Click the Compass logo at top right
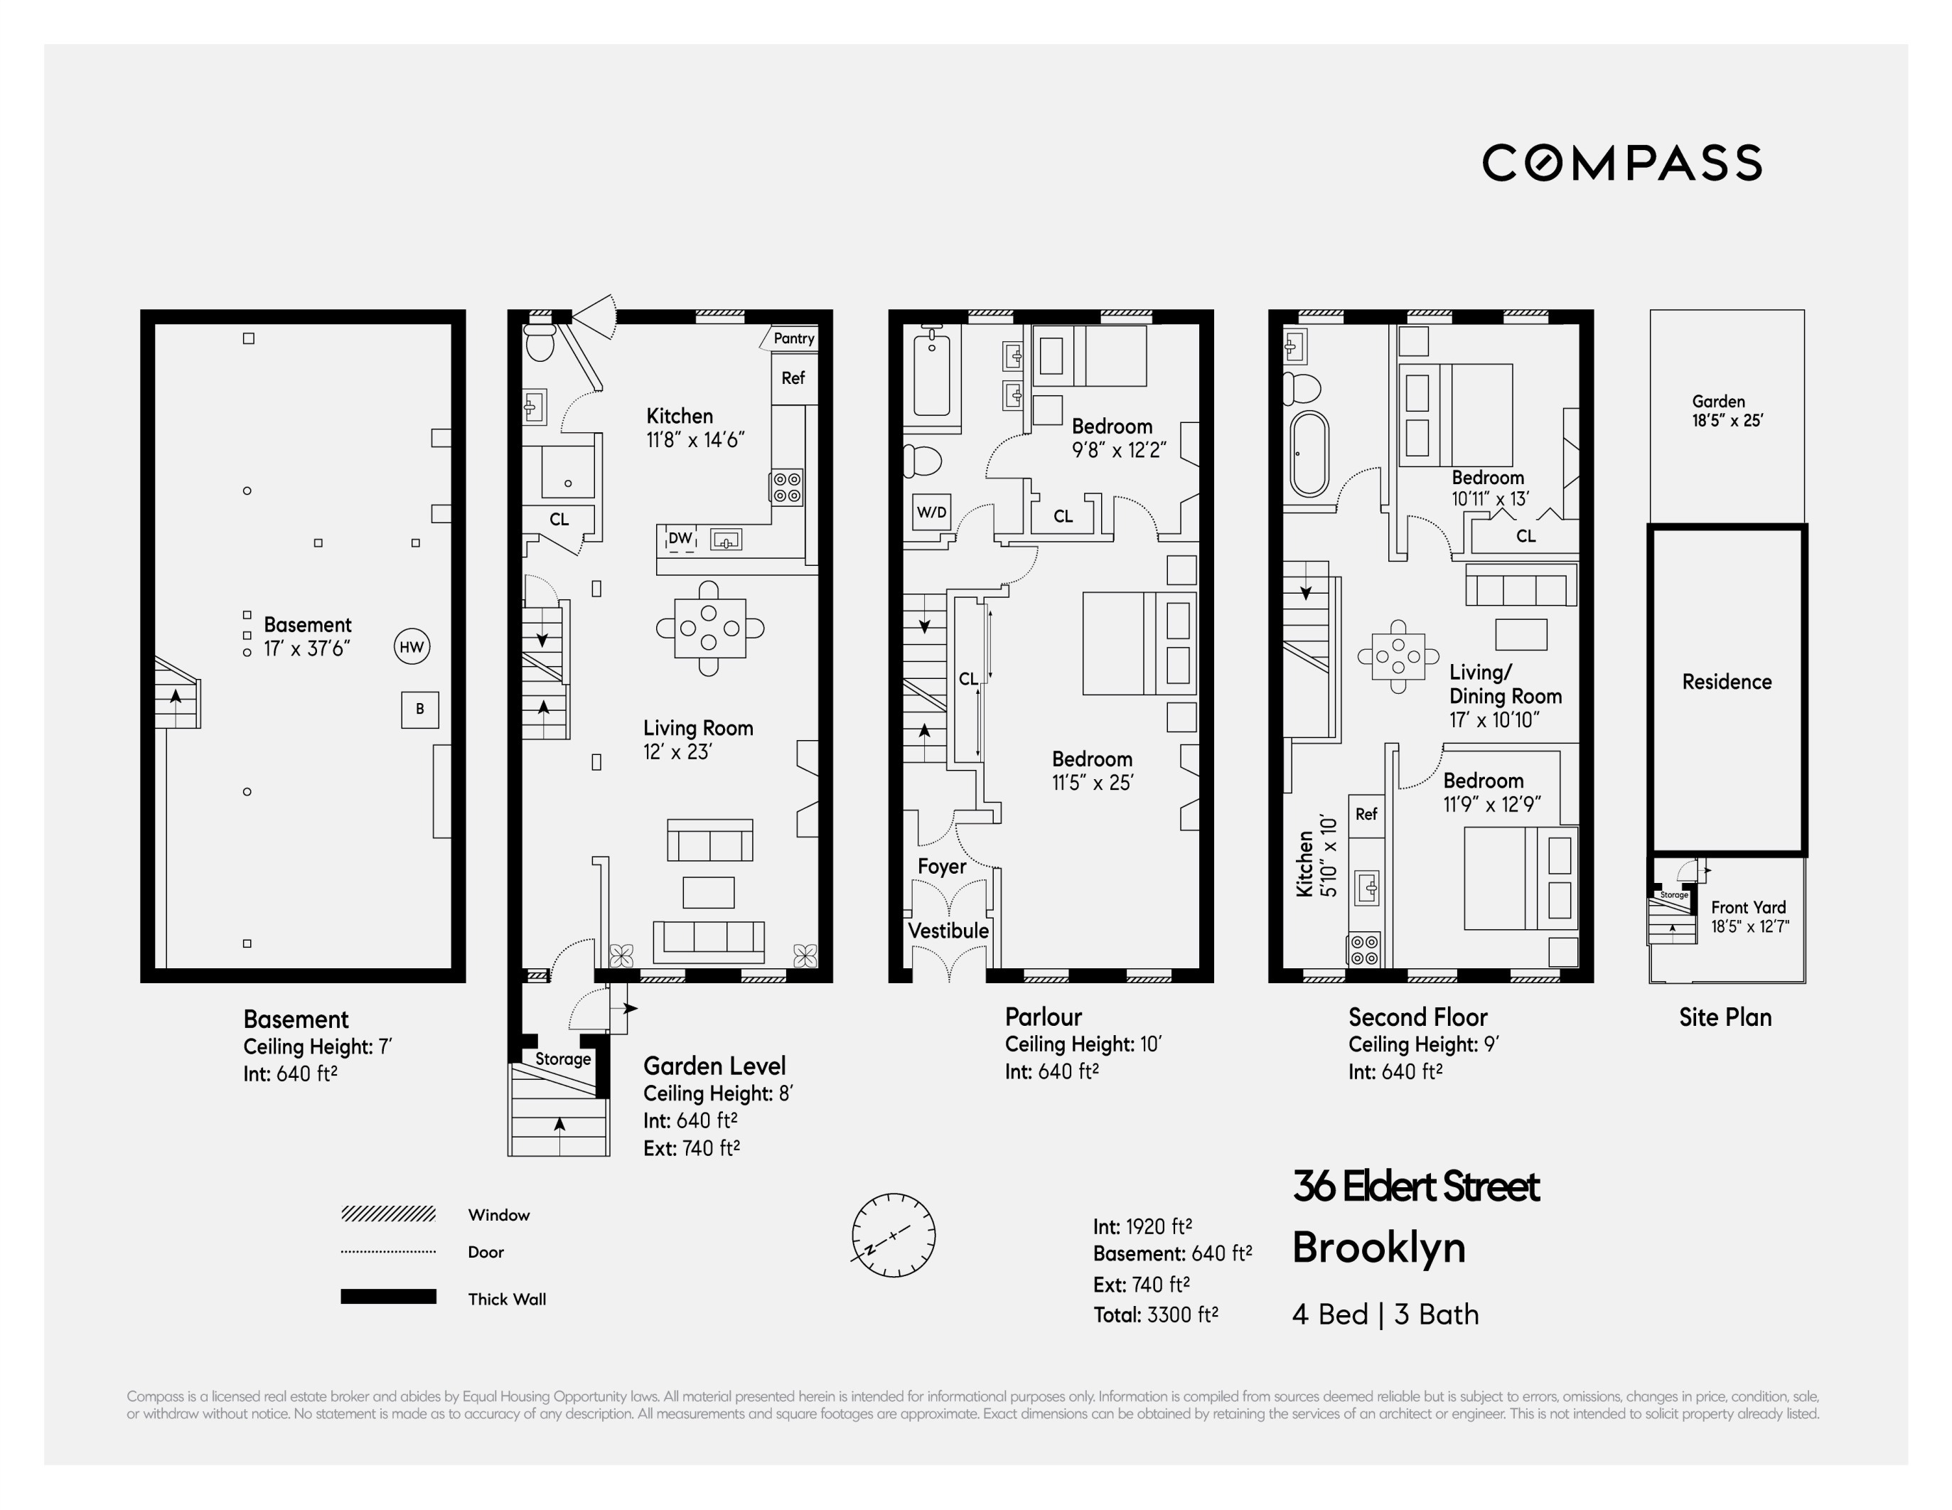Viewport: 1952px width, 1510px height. click(1621, 163)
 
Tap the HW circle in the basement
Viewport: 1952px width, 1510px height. click(412, 646)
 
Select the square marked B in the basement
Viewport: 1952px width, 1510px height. click(420, 709)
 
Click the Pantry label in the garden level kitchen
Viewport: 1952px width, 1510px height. click(794, 338)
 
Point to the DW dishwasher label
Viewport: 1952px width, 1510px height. click(680, 538)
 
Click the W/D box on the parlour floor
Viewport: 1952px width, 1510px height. click(931, 513)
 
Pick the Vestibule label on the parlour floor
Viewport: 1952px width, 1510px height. click(948, 931)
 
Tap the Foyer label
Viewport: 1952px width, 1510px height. click(941, 867)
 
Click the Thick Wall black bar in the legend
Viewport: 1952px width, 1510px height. click(388, 1297)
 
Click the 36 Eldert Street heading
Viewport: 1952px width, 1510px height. click(1416, 1187)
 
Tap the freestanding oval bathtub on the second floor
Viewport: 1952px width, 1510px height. click(1309, 454)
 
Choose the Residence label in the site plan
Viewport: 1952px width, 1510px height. click(1727, 682)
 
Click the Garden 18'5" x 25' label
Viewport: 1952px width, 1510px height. click(1727, 411)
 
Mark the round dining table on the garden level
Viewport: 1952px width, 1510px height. click(709, 628)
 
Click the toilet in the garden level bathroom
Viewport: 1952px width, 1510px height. click(540, 341)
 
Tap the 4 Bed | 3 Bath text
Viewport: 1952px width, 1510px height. click(1385, 1314)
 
